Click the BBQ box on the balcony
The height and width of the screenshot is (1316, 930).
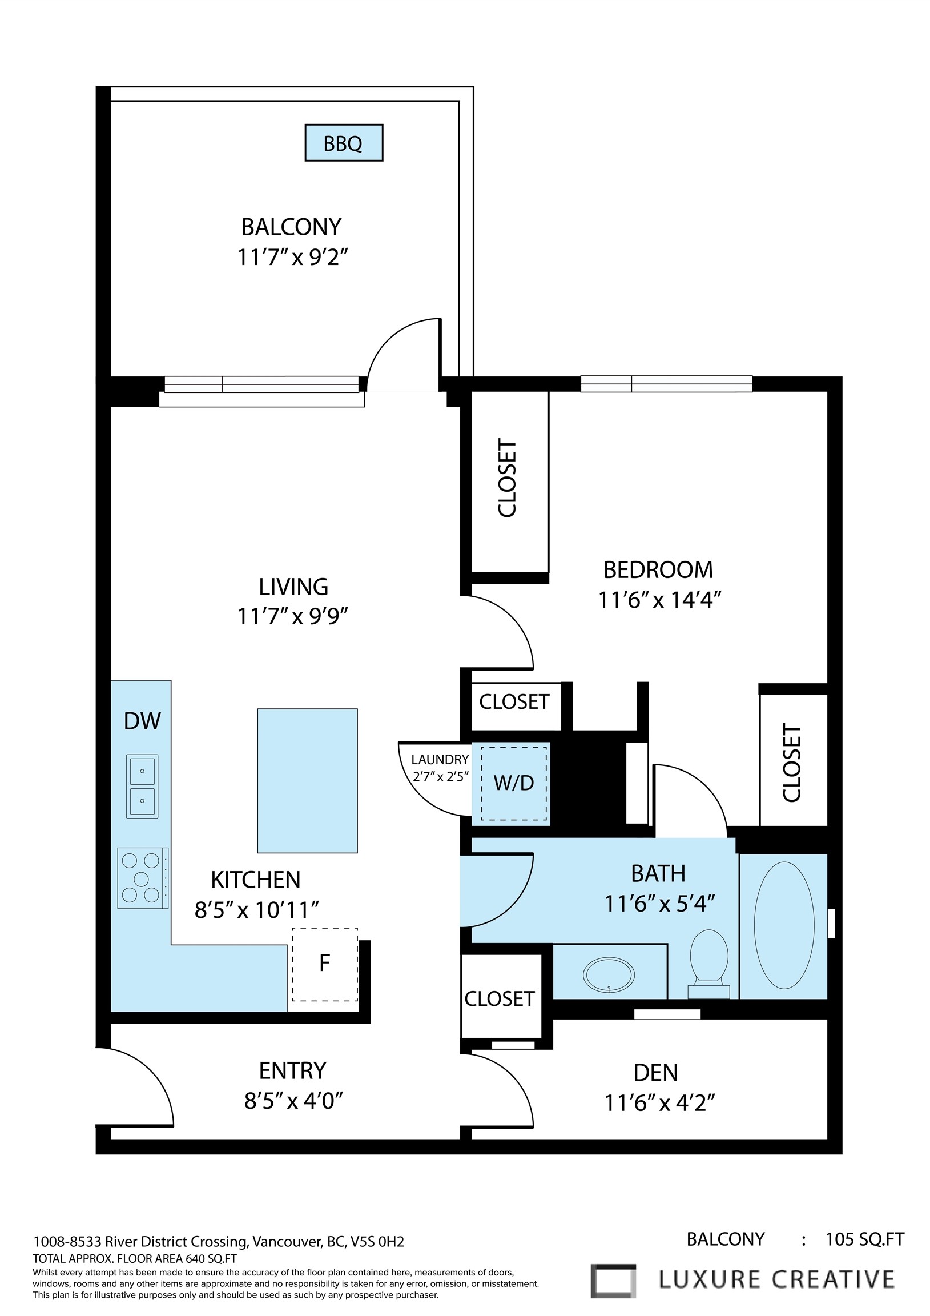click(x=343, y=143)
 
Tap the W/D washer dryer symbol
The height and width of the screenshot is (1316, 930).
click(x=513, y=783)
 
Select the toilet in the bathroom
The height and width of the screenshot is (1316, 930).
click(x=709, y=964)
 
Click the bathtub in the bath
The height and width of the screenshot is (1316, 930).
click(x=784, y=925)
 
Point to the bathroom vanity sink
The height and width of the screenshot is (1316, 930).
click(x=609, y=974)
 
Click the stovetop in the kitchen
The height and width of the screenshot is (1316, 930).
click(x=143, y=878)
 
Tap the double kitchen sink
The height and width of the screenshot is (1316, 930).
click(x=142, y=786)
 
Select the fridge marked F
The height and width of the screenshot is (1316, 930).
click(x=325, y=964)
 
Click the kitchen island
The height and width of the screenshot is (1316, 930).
click(x=307, y=781)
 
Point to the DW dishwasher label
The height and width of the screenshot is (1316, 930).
click(x=142, y=721)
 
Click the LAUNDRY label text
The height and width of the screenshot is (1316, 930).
click(x=440, y=760)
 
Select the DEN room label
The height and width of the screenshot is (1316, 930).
click(x=655, y=1073)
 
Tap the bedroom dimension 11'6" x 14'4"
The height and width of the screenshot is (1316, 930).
click(x=659, y=600)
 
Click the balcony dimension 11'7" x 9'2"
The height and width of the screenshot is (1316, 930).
click(x=293, y=257)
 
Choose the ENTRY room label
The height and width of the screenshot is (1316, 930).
click(x=293, y=1071)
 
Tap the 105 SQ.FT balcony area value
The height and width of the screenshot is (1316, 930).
click(x=864, y=1240)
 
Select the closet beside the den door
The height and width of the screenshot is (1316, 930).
click(x=500, y=999)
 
